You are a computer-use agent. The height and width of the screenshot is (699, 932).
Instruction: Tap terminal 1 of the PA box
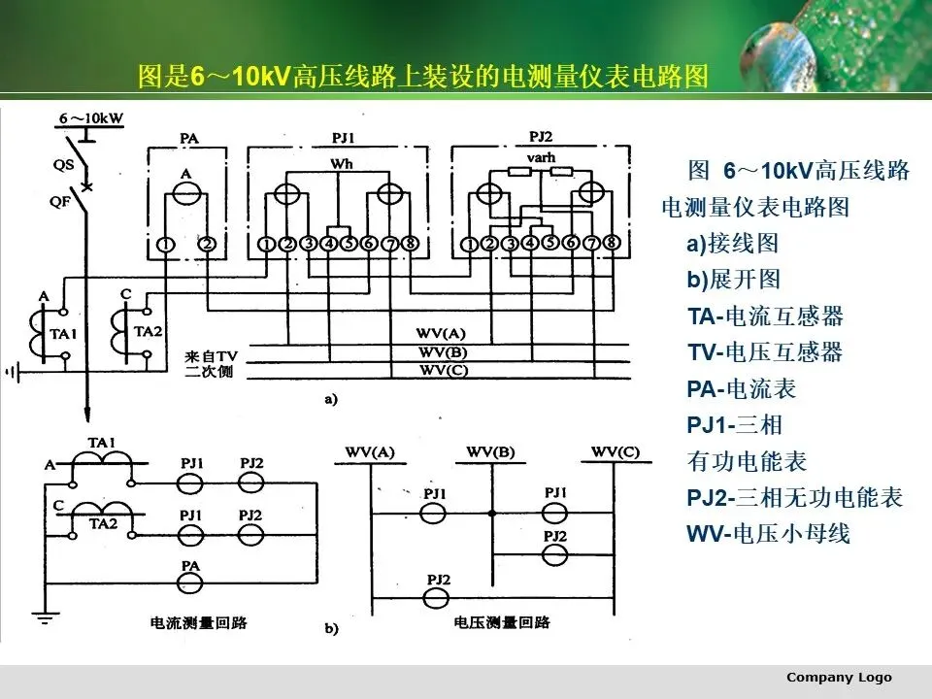[167, 244]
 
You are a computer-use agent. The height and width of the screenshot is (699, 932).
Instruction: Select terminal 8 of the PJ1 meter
[410, 243]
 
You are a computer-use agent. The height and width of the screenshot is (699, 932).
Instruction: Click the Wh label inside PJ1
[342, 164]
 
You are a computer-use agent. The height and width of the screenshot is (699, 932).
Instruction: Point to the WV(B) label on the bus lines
[442, 350]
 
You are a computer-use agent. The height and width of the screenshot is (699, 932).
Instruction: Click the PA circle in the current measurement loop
[191, 581]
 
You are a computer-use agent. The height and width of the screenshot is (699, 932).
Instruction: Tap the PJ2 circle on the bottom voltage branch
[439, 595]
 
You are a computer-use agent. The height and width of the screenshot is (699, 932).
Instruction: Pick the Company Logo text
[838, 677]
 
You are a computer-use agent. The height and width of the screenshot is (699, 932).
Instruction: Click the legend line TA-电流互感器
[765, 316]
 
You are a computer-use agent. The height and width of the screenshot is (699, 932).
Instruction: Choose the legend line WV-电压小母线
[768, 534]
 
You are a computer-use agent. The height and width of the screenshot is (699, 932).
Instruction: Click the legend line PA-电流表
[742, 389]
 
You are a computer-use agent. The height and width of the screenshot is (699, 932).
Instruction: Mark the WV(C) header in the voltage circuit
[616, 451]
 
